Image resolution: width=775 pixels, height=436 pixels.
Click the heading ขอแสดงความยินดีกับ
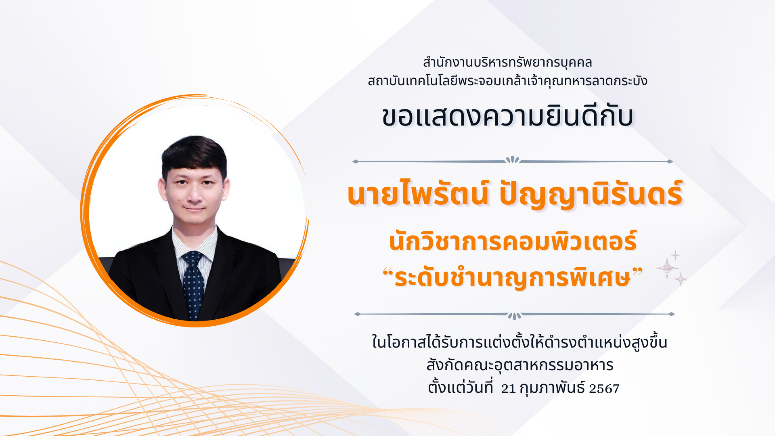507,117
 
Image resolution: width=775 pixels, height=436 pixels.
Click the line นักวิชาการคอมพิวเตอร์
513,241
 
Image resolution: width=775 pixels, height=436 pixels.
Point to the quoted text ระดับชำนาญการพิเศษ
513,278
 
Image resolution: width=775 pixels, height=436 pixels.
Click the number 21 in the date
508,389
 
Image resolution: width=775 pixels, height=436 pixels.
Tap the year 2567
604,389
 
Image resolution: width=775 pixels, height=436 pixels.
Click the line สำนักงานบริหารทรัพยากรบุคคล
507,63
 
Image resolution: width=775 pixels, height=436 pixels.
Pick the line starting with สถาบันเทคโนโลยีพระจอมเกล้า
507,81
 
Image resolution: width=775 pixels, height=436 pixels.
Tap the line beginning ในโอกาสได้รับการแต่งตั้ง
519,342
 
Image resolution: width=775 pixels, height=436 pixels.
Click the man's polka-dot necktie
193,285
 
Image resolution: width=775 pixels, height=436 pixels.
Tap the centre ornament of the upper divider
513,160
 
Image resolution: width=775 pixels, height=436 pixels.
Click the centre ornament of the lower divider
514,315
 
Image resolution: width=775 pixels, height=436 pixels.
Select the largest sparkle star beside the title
667,268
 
